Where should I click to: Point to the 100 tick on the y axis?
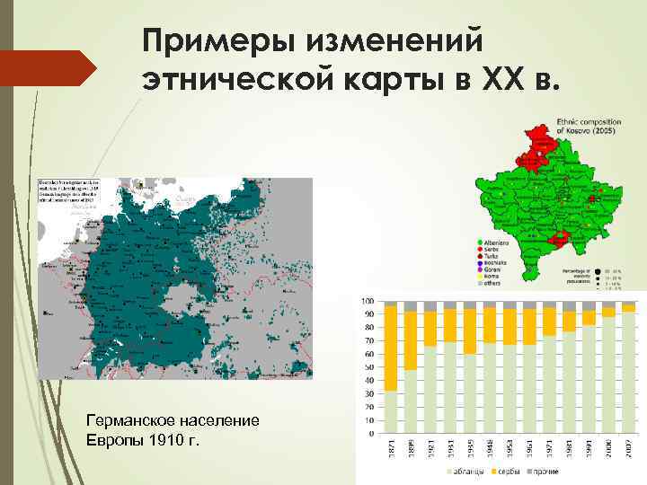pyautogui.click(x=368, y=302)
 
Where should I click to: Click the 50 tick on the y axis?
pyautogui.click(x=369, y=368)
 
